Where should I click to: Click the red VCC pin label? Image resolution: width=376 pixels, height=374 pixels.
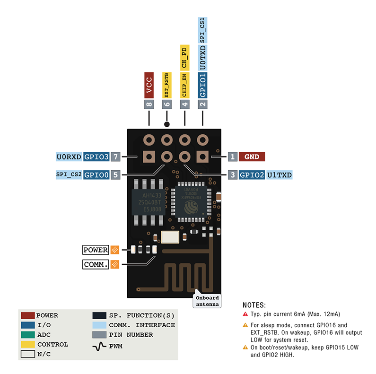(x=149, y=86)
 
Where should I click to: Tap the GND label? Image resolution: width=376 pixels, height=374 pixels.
(x=252, y=157)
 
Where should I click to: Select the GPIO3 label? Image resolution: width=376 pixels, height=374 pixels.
(x=96, y=157)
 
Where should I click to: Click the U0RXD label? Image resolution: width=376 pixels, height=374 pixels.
(x=69, y=157)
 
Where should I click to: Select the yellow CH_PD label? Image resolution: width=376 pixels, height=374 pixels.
(x=184, y=57)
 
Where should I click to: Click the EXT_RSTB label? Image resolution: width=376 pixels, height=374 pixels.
(x=166, y=86)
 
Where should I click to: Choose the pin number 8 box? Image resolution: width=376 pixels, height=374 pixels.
(x=149, y=104)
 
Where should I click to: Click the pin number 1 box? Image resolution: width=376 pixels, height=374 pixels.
(x=233, y=157)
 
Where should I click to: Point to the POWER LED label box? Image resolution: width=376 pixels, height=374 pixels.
(x=96, y=250)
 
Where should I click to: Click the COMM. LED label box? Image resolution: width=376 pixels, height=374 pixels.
(x=96, y=264)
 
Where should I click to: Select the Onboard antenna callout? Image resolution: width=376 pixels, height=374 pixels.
(x=207, y=301)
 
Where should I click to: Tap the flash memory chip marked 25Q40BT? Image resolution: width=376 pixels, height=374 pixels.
(x=147, y=202)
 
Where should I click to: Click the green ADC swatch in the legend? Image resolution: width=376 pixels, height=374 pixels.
(x=27, y=335)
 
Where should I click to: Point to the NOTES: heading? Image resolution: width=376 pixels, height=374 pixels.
(x=254, y=305)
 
